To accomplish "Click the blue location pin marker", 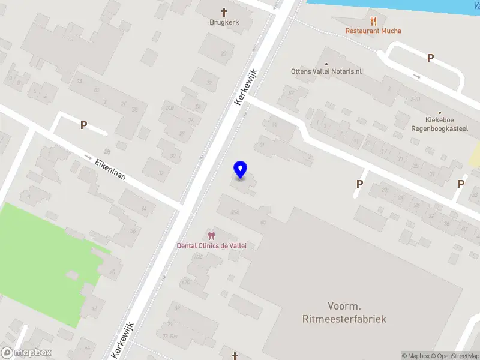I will pyautogui.click(x=241, y=170).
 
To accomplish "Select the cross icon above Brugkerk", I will pyautogui.click(x=224, y=11).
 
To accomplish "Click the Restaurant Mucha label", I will pyautogui.click(x=373, y=31).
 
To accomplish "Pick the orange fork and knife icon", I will pyautogui.click(x=373, y=20).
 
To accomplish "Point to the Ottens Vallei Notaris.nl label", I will pyautogui.click(x=326, y=71).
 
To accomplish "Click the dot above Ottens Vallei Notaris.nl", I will pyautogui.click(x=326, y=63).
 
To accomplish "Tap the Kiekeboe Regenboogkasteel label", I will pyautogui.click(x=440, y=124).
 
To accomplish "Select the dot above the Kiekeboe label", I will pyautogui.click(x=440, y=112).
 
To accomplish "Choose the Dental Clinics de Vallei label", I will pyautogui.click(x=211, y=245).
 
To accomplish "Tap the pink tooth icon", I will pyautogui.click(x=211, y=235).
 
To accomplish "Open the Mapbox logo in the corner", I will pyautogui.click(x=26, y=353).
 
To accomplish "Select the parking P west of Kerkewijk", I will pyautogui.click(x=84, y=125).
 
